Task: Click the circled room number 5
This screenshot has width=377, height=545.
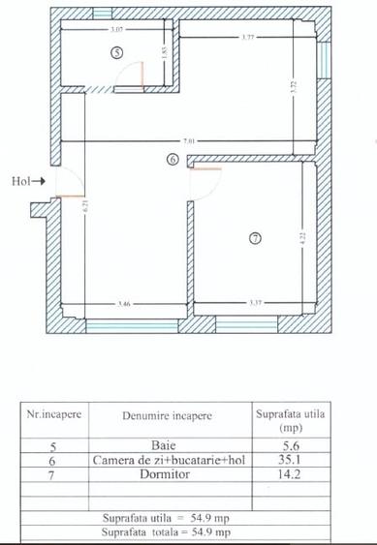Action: (117, 54)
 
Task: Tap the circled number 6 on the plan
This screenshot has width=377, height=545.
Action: (173, 160)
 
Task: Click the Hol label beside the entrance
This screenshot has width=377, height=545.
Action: (20, 180)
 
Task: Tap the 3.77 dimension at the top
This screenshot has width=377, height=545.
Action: (247, 38)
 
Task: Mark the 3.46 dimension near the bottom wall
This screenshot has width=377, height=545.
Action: (124, 303)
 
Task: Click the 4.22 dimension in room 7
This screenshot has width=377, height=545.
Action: (301, 236)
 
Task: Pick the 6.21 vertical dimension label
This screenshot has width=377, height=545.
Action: (86, 205)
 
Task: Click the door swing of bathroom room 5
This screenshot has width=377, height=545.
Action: (139, 76)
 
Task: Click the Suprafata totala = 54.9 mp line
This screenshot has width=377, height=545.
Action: (168, 531)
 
